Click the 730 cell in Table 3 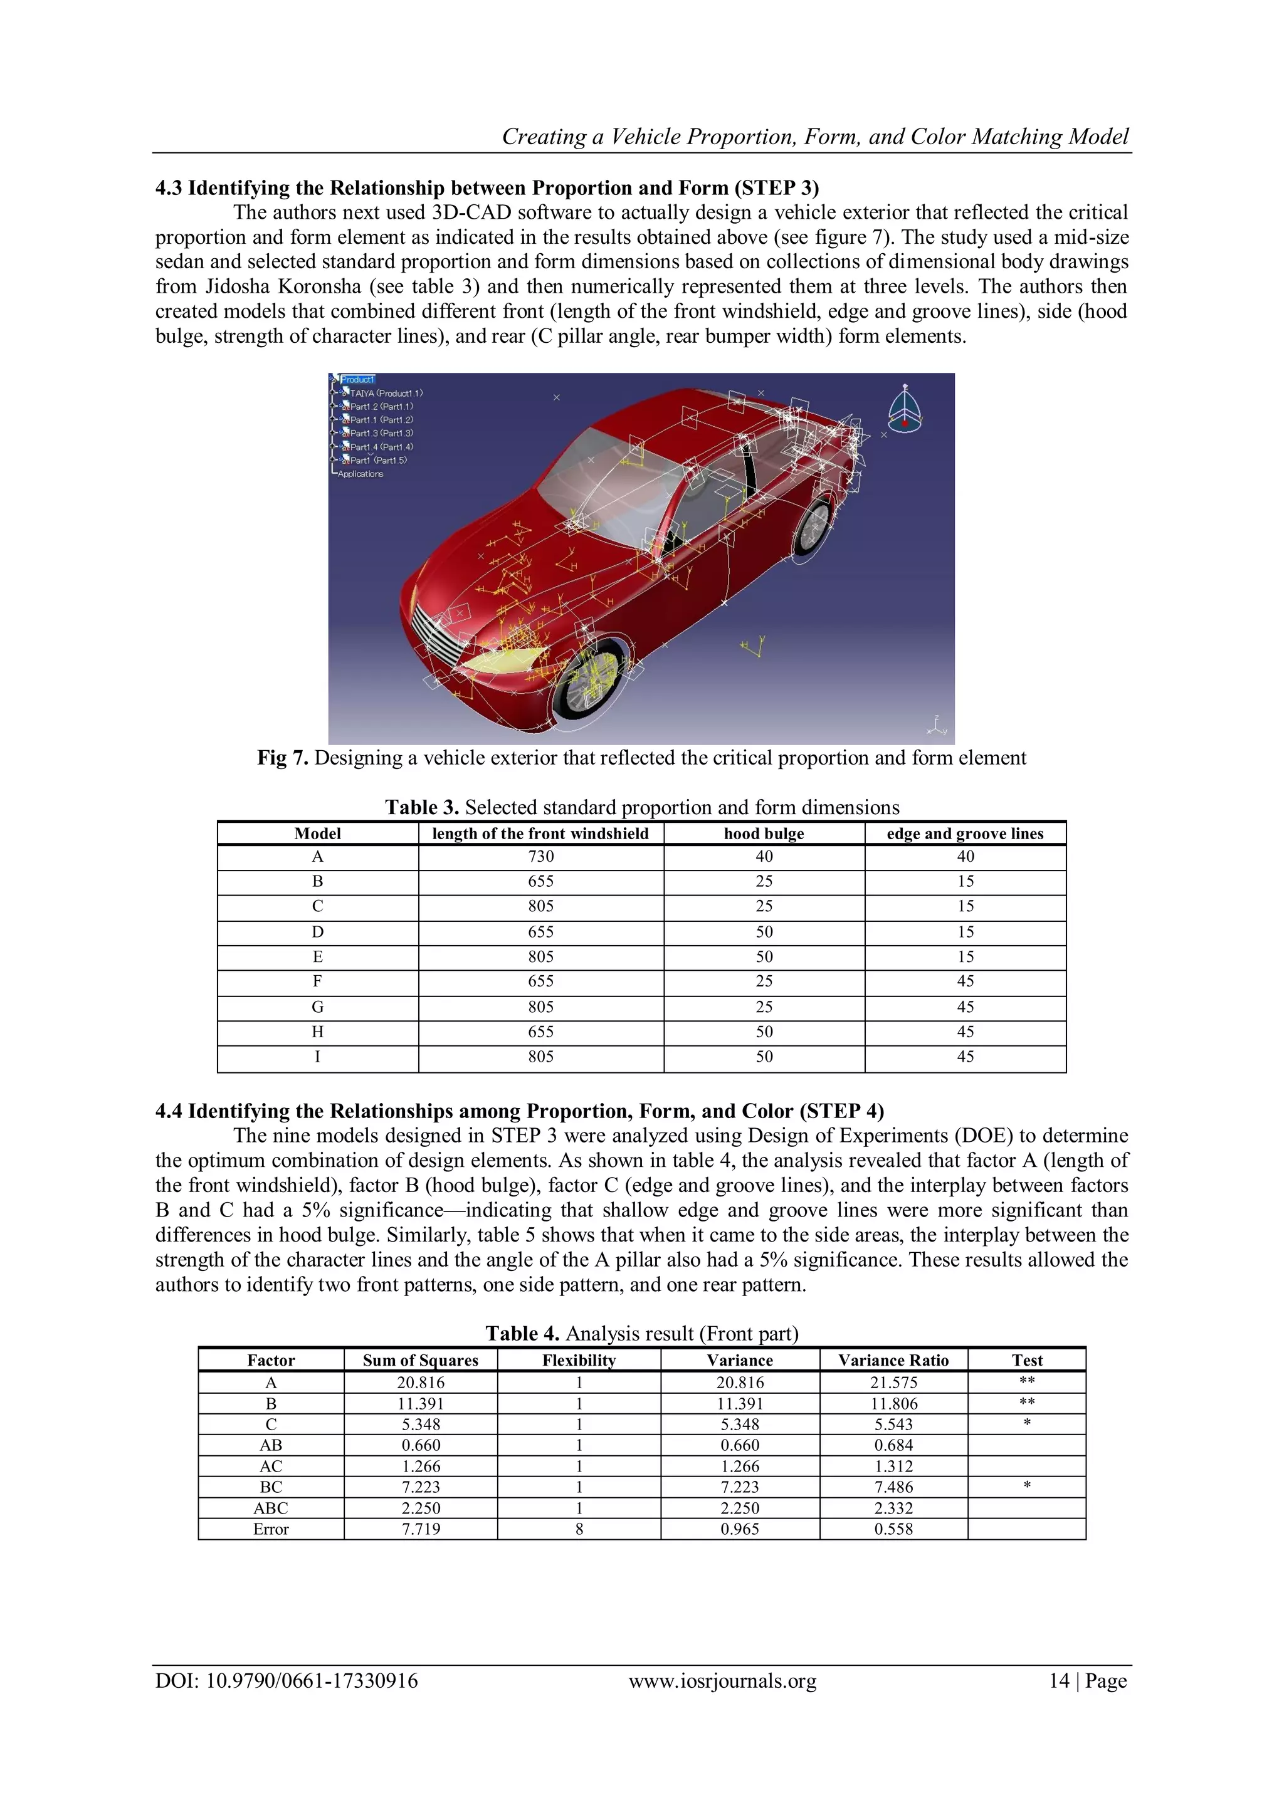(541, 857)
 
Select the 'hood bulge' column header (764, 833)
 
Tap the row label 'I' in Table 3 (317, 1057)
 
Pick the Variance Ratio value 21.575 (893, 1383)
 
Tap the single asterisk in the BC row (1026, 1487)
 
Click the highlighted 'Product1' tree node (357, 379)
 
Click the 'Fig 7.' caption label (282, 758)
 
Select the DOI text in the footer (287, 1681)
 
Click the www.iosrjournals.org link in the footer (722, 1681)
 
